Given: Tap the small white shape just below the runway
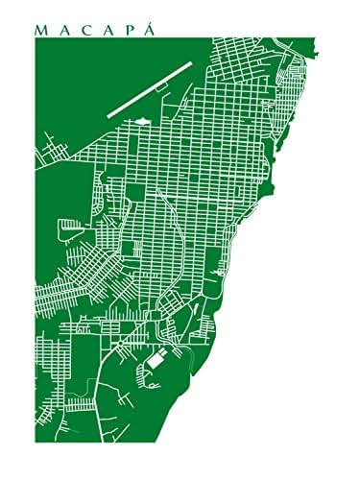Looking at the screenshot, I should coord(141,121).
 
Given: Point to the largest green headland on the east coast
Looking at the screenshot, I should coord(268,176).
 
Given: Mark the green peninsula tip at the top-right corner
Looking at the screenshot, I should coord(305,67).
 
